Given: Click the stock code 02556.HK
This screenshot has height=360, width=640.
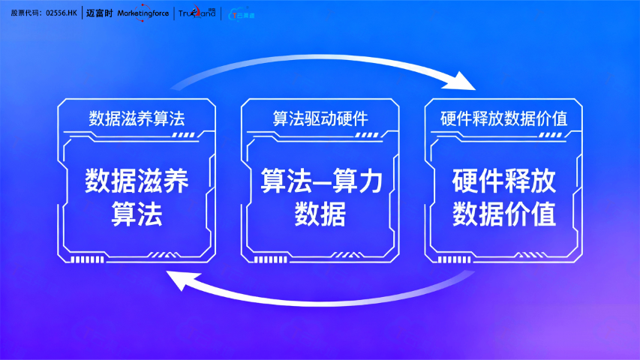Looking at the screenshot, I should point(62,13).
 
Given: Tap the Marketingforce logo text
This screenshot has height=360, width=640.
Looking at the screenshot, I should point(143,13).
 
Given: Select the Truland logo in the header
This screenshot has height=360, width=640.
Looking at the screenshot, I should point(197,13).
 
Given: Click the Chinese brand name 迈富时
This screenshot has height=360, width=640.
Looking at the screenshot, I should point(99,13).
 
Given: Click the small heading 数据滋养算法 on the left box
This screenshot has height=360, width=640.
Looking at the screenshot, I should point(137,118).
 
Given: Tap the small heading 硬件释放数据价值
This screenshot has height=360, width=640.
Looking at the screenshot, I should point(503,118).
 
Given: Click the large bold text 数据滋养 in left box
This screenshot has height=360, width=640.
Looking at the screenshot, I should point(137,181).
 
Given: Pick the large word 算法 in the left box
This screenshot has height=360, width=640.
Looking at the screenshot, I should point(137,215).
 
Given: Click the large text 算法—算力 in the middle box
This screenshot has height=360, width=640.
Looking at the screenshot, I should point(320,181).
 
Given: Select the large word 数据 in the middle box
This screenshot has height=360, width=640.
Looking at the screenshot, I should point(320,215).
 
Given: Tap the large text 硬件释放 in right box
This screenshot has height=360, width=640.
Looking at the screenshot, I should point(504,181).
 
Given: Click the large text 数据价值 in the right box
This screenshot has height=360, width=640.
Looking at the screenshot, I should point(504,215).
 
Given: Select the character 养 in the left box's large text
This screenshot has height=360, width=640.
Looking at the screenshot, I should point(176,181).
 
